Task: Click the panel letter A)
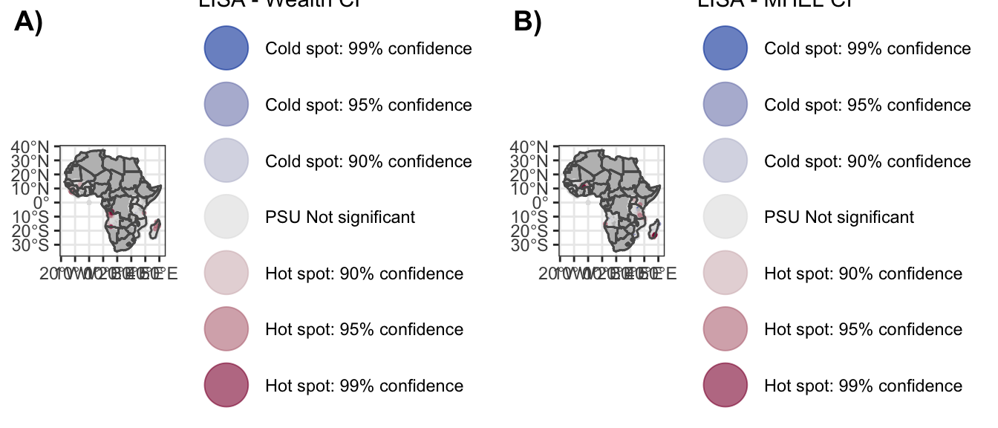pyautogui.click(x=29, y=23)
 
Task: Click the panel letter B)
pyautogui.click(x=528, y=23)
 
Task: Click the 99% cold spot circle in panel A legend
pyautogui.click(x=225, y=48)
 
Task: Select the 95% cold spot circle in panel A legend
pyautogui.click(x=225, y=105)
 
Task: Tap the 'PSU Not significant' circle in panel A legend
pyautogui.click(x=225, y=217)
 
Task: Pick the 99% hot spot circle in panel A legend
pyautogui.click(x=225, y=386)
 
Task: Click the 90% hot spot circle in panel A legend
pyautogui.click(x=225, y=273)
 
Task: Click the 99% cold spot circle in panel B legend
pyautogui.click(x=724, y=48)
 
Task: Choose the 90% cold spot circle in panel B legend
pyautogui.click(x=724, y=161)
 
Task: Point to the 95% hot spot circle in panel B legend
pyautogui.click(x=724, y=329)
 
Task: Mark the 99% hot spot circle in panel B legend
pyautogui.click(x=724, y=386)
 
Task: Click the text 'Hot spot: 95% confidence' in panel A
pyautogui.click(x=364, y=329)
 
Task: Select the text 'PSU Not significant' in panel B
pyautogui.click(x=839, y=217)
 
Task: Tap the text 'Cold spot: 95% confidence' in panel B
pyautogui.click(x=867, y=105)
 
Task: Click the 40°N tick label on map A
pyautogui.click(x=33, y=146)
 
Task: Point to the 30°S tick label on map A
pyautogui.click(x=33, y=244)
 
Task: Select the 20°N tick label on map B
pyautogui.click(x=532, y=175)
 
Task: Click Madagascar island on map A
pyautogui.click(x=154, y=229)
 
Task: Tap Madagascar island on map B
pyautogui.click(x=653, y=229)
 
